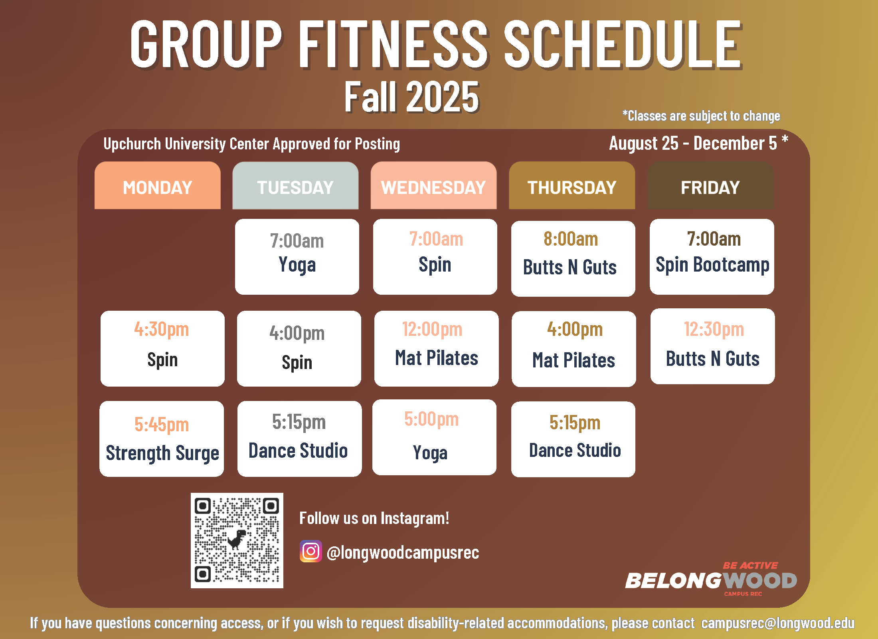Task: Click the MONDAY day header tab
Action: pyautogui.click(x=157, y=186)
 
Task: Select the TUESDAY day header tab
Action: pyautogui.click(x=295, y=186)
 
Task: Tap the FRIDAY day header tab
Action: pyautogui.click(x=710, y=186)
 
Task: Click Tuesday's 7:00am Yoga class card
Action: pyautogui.click(x=297, y=257)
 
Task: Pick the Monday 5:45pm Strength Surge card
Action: pyautogui.click(x=162, y=439)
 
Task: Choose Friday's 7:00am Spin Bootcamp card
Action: pyautogui.click(x=712, y=257)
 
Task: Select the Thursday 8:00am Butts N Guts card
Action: pyautogui.click(x=573, y=258)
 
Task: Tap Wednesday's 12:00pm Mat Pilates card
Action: pyautogui.click(x=436, y=349)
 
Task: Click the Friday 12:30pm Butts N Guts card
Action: pyautogui.click(x=712, y=346)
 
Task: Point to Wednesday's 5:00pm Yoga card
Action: pyautogui.click(x=434, y=437)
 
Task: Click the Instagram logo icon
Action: pyautogui.click(x=311, y=551)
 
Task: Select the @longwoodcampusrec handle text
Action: pyautogui.click(x=403, y=553)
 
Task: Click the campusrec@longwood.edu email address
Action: pyautogui.click(x=778, y=623)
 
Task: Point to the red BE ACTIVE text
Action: pyautogui.click(x=750, y=566)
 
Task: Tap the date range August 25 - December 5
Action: pyautogui.click(x=693, y=143)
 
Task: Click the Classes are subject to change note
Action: pyautogui.click(x=701, y=116)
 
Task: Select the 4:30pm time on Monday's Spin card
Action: pyautogui.click(x=162, y=329)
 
